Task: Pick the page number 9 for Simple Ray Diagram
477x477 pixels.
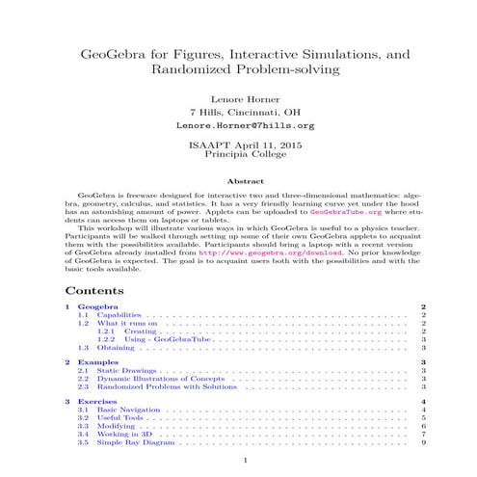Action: point(424,443)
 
